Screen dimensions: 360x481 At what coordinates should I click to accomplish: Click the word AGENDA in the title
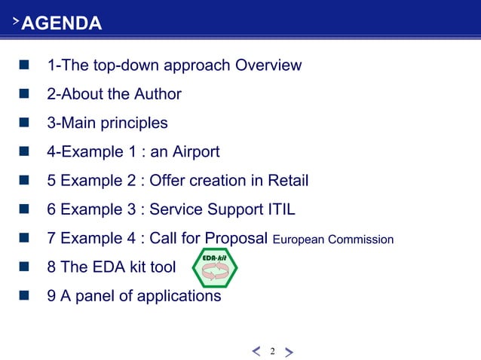[62, 24]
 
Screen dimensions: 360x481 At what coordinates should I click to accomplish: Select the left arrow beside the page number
[256, 351]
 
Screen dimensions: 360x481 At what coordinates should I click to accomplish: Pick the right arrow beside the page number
[290, 351]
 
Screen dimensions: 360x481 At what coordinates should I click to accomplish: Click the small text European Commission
[333, 240]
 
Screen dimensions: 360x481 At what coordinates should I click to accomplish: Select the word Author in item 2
[158, 94]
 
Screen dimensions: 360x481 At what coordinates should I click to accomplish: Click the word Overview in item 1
[268, 65]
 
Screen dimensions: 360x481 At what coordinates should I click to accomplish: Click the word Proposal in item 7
[231, 239]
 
